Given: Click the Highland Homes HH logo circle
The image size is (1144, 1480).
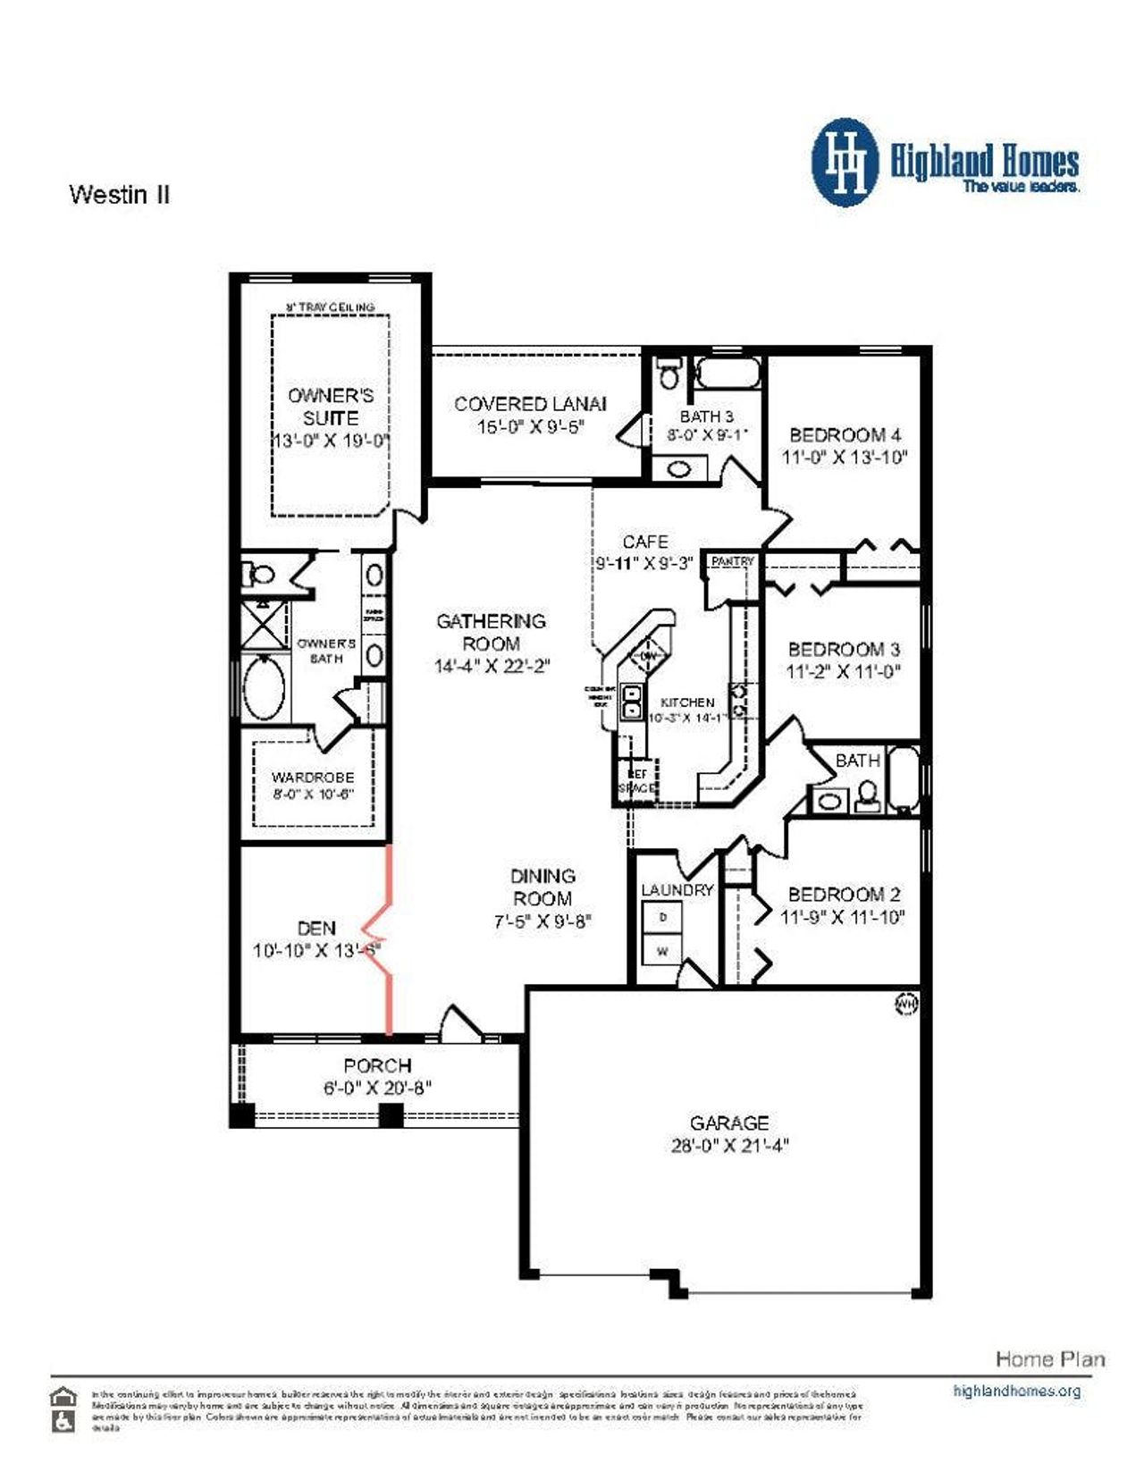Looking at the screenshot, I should pos(845,163).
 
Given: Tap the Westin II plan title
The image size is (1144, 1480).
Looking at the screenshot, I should pos(119,194).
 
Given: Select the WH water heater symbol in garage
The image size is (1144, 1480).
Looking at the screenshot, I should pos(906,1004).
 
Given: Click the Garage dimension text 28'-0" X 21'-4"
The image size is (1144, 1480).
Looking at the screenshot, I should pos(729,1146).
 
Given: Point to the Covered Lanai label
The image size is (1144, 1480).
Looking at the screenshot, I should pos(530,404).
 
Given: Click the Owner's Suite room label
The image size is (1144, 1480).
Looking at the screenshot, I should pos(331,407).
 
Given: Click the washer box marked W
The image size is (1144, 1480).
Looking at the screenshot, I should pos(662,951).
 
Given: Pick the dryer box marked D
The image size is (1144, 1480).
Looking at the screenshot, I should pos(662,918).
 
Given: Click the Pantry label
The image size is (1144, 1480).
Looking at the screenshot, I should pos(733,561).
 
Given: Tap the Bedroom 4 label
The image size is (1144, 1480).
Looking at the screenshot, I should pos(845,435).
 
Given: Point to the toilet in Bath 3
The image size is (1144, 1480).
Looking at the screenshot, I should pos(669,373).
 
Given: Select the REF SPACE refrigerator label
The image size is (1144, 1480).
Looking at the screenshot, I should pos(637,781).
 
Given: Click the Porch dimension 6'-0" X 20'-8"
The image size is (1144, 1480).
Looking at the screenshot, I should pos(377,1088).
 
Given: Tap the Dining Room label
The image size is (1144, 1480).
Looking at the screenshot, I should pos(543,887).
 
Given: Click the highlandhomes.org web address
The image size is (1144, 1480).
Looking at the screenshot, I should pos(1016,1391).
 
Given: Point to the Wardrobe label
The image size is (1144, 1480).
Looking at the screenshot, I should pos(313,778).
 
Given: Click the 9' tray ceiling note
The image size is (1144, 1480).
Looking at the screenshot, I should pos(330,307).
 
